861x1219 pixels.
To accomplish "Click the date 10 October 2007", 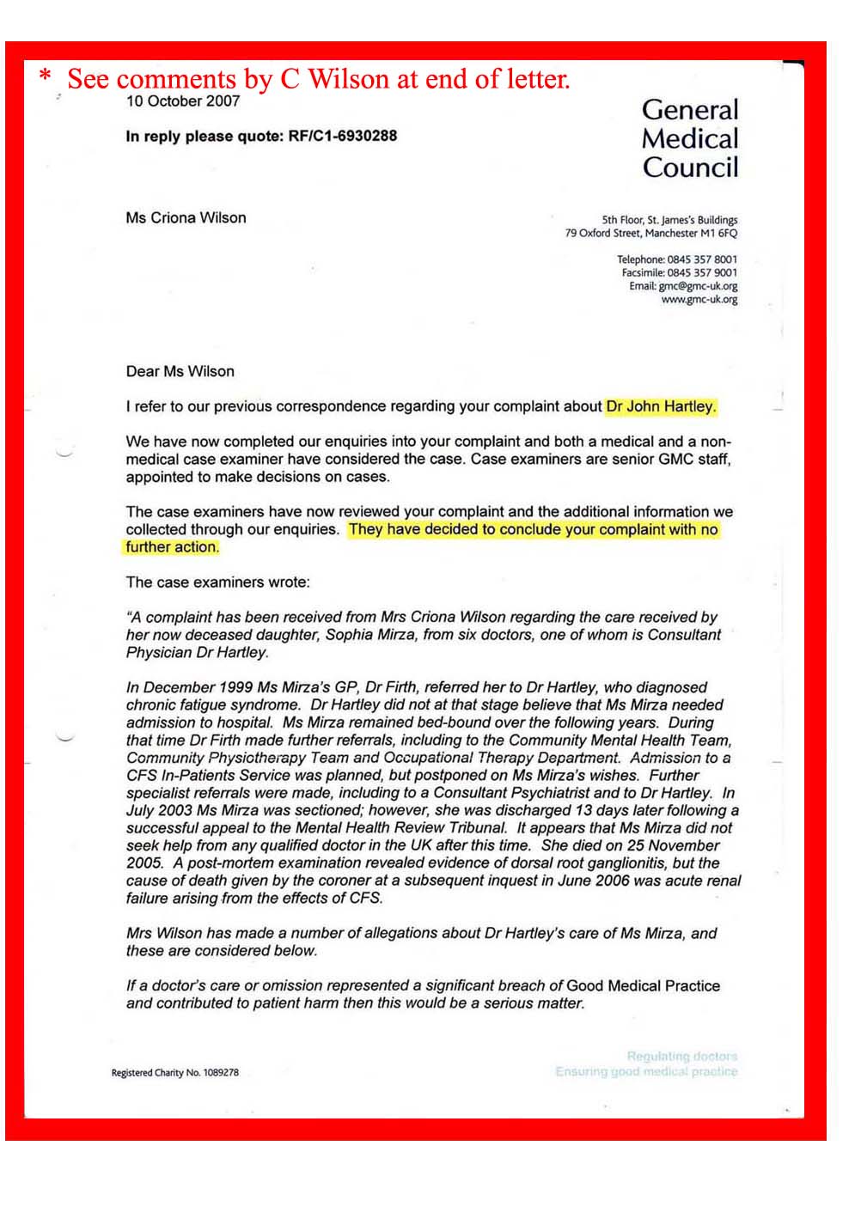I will pyautogui.click(x=182, y=101).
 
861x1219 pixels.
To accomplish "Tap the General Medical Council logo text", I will pyautogui.click(x=689, y=138).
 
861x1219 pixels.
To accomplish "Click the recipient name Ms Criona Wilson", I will pyautogui.click(x=186, y=218).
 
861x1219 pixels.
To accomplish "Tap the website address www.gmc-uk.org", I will pyautogui.click(x=699, y=300).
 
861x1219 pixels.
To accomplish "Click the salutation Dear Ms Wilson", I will pyautogui.click(x=180, y=372).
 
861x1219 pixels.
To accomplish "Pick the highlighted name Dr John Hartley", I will pyautogui.click(x=661, y=406).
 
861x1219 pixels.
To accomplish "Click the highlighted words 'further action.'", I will pyautogui.click(x=172, y=547).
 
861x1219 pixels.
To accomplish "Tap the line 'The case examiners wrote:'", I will pyautogui.click(x=217, y=582).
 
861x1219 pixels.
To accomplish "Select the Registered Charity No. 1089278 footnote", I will pyautogui.click(x=174, y=1072).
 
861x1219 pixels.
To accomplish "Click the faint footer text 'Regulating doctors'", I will pyautogui.click(x=681, y=1056).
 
